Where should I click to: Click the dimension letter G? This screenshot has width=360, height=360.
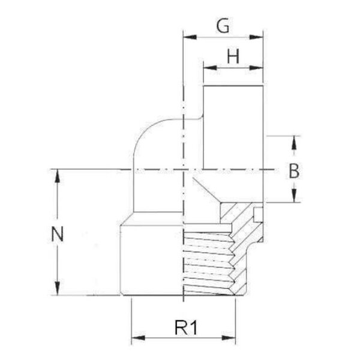click(x=223, y=26)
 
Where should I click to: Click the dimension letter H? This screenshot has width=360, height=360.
click(x=233, y=56)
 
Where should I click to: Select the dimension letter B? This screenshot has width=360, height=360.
click(x=294, y=171)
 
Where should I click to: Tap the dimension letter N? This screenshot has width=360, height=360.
click(x=57, y=234)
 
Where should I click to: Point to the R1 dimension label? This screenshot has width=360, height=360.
click(x=186, y=328)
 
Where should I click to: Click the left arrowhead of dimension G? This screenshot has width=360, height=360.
click(x=190, y=37)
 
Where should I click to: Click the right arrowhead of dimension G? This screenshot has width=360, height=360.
click(x=256, y=37)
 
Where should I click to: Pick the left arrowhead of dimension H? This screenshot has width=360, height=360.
click(x=210, y=68)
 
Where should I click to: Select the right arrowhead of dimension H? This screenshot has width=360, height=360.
click(x=256, y=68)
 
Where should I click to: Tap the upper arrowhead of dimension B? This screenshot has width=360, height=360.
click(x=294, y=143)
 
